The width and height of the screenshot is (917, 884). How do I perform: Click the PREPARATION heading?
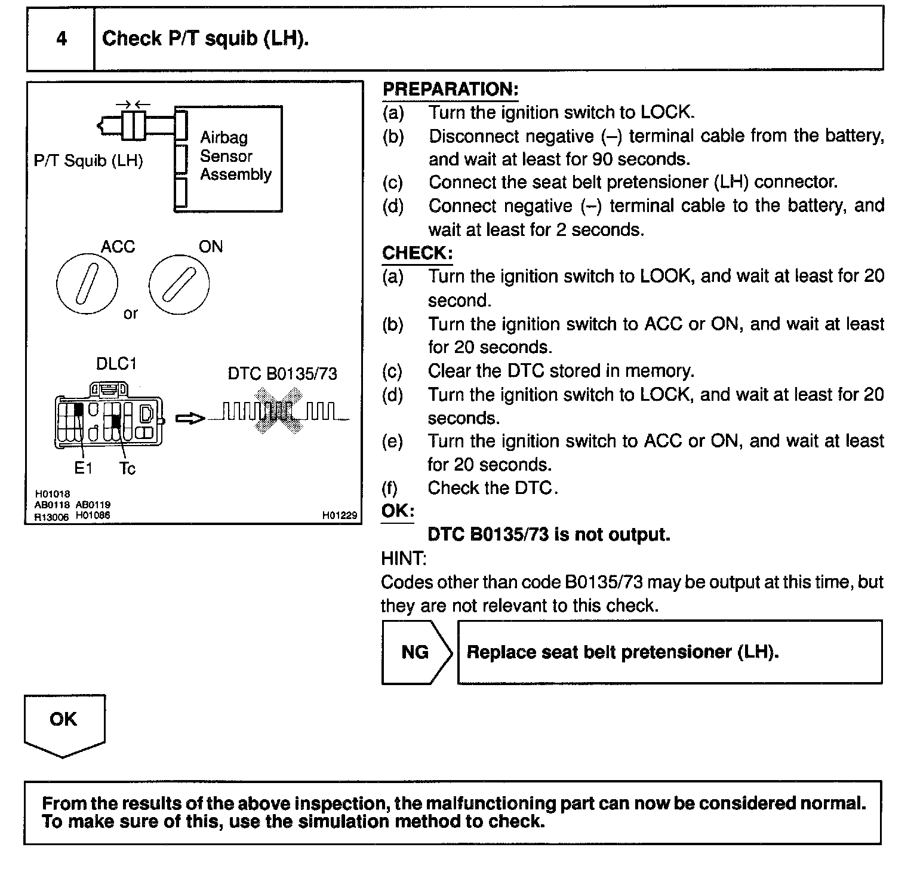pyautogui.click(x=450, y=90)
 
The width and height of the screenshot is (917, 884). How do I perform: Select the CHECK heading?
pyautogui.click(x=417, y=253)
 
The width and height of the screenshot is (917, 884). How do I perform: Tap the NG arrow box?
pyautogui.click(x=416, y=652)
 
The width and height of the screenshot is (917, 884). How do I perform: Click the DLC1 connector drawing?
pyautogui.click(x=109, y=416)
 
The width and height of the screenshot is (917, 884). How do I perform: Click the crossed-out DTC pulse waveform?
pyautogui.click(x=278, y=411)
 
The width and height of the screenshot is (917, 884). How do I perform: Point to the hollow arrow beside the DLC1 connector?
pyautogui.click(x=190, y=419)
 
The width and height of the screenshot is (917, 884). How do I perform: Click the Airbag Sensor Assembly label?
pyautogui.click(x=235, y=156)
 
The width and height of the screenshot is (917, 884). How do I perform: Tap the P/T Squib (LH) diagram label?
pyautogui.click(x=88, y=161)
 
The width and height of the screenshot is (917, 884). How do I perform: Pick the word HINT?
pyautogui.click(x=404, y=559)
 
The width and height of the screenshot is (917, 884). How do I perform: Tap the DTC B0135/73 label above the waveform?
pyautogui.click(x=282, y=374)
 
